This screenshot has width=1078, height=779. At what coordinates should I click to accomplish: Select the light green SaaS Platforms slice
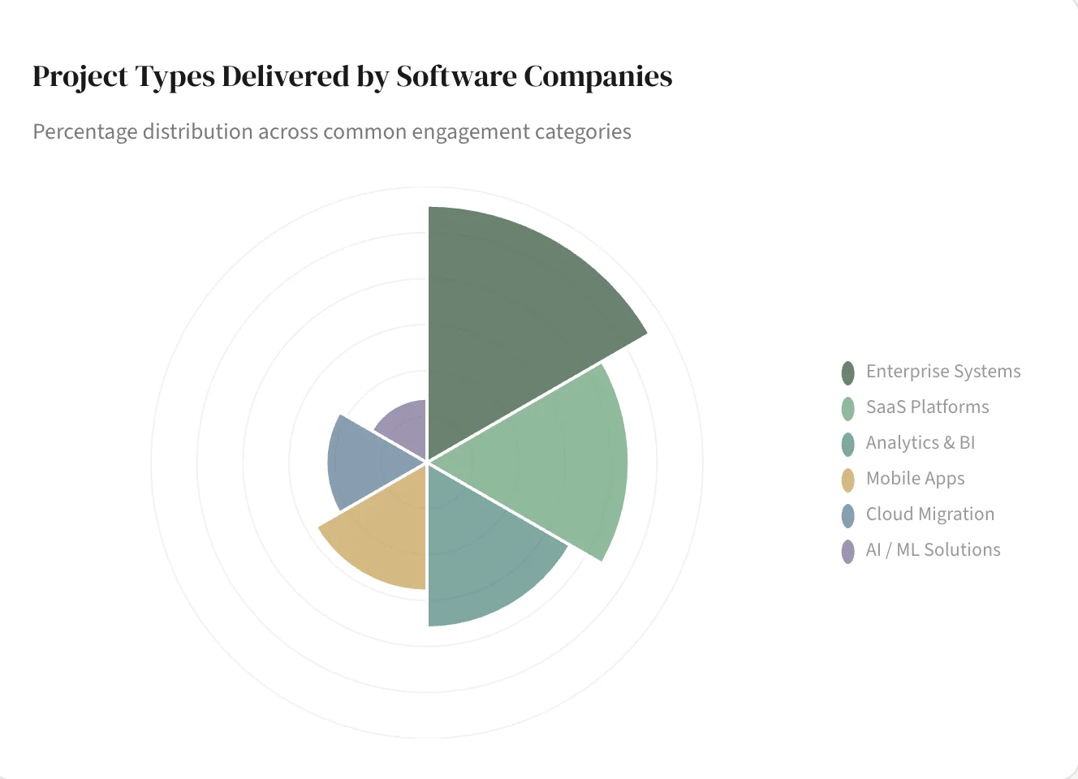pos(552,463)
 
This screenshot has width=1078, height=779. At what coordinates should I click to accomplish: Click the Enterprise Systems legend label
pos(942,372)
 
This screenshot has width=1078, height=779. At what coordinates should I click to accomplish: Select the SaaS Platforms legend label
pos(927,407)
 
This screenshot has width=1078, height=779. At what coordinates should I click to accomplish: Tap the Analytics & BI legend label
pos(920,443)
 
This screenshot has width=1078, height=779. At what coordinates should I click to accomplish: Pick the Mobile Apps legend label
pos(915,479)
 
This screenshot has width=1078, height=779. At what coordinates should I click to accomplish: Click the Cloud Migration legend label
pos(929,514)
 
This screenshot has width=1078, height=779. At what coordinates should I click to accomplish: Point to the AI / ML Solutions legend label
pos(933,550)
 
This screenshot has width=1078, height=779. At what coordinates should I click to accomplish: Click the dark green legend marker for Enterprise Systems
pos(848,372)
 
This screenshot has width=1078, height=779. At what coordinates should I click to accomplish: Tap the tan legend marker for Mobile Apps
pos(848,480)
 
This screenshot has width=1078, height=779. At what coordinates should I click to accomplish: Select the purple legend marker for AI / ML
pos(848,551)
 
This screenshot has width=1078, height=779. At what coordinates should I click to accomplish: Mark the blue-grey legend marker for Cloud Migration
pos(848,515)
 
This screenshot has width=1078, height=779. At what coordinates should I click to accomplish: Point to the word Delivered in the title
pos(285,76)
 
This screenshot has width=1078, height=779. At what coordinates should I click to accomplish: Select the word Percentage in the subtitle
pos(85,132)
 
